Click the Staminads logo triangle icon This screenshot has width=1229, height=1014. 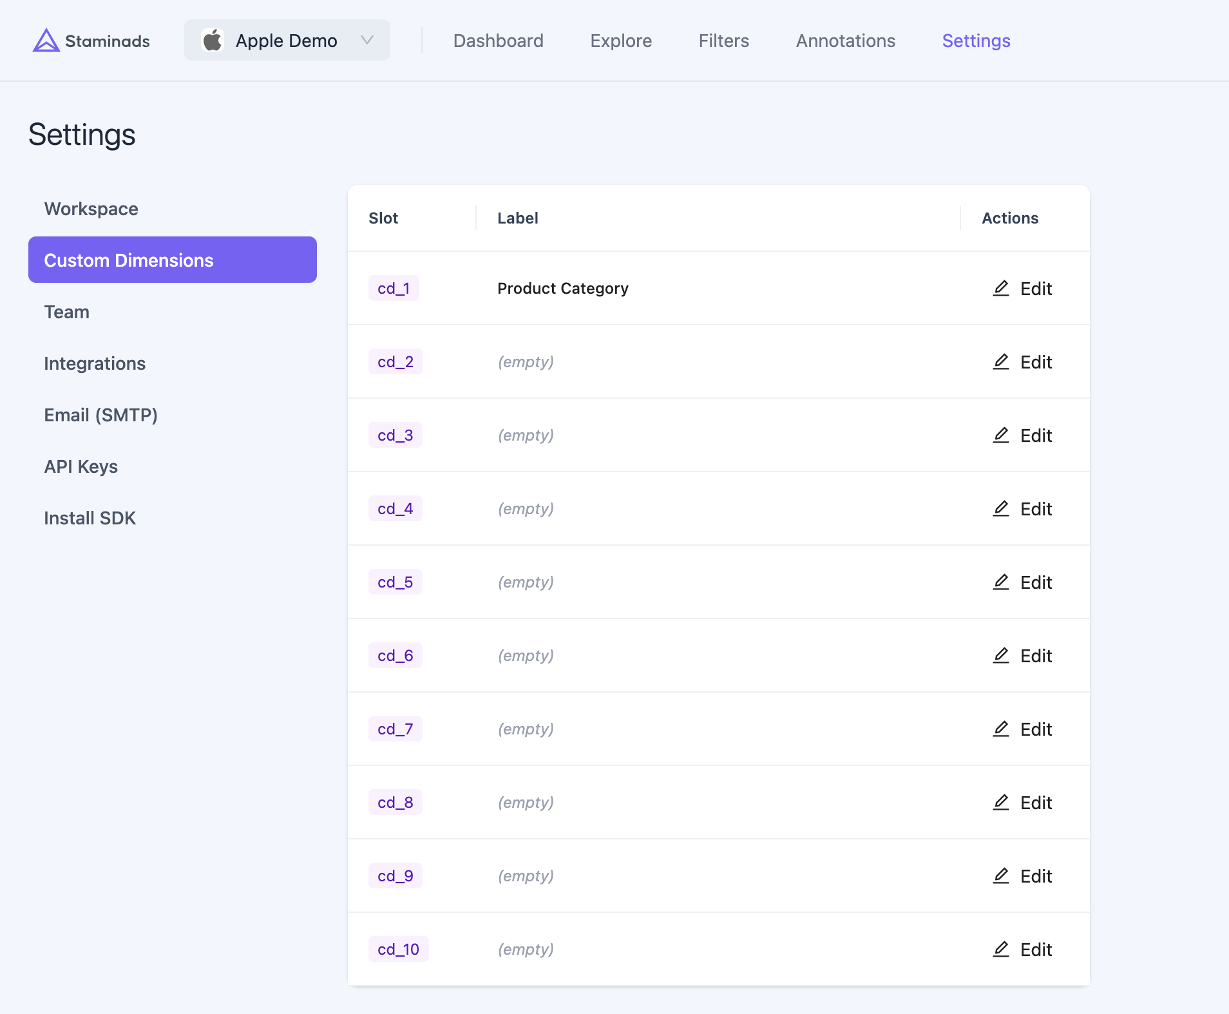[46, 41]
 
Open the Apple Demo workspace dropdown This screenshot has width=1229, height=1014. [287, 41]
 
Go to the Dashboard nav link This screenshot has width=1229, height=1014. [498, 41]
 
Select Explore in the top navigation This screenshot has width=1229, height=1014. [621, 41]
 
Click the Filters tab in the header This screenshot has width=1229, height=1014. [723, 41]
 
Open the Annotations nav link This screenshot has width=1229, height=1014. [845, 41]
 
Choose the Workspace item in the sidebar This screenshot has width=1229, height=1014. [91, 209]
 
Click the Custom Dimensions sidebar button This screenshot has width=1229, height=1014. [172, 260]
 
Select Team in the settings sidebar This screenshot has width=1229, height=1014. [66, 312]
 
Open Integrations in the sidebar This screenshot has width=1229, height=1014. [95, 363]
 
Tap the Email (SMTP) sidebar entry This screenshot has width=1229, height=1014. [100, 415]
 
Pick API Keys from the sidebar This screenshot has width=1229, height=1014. [81, 466]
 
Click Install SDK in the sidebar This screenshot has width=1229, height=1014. [90, 518]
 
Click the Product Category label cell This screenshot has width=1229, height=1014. [562, 288]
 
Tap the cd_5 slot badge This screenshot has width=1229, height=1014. [395, 582]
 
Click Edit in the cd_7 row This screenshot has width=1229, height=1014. [1022, 729]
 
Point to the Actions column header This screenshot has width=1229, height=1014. [1009, 218]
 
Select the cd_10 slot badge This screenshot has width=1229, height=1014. [398, 949]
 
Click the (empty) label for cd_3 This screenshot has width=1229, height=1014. [526, 435]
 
